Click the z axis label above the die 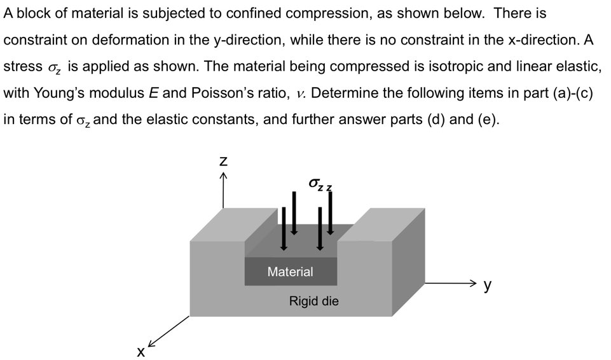223,162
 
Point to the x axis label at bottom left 141,351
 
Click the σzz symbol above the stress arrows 320,184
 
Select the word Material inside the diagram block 290,272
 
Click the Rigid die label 313,301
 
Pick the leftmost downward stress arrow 284,229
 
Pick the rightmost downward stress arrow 330,211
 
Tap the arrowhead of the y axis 472,282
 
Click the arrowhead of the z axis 223,177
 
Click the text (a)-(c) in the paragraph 570,93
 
